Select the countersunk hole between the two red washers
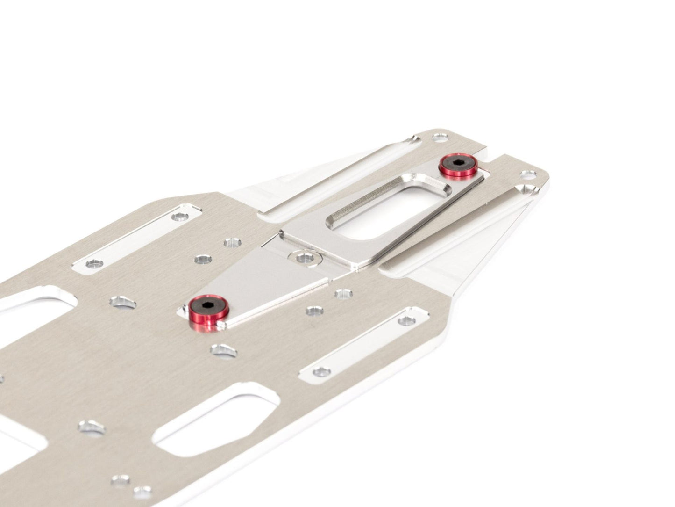click(305, 256)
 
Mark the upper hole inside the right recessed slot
click(407, 321)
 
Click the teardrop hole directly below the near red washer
click(221, 349)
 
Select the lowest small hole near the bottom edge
click(141, 492)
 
